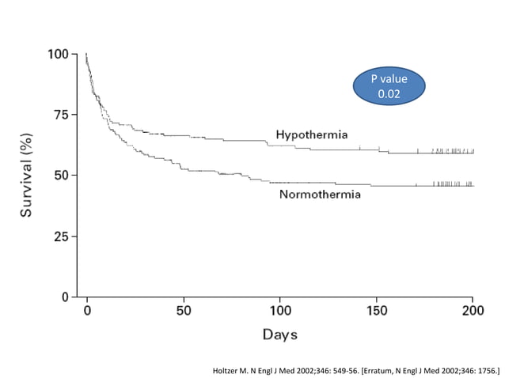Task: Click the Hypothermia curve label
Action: (311, 134)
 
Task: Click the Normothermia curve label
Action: (319, 194)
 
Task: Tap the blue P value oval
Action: (388, 86)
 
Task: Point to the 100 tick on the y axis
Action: (57, 54)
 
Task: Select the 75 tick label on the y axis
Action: (60, 114)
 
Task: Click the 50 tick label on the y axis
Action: (60, 175)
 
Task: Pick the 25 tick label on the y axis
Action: (60, 236)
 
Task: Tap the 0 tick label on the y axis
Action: (65, 297)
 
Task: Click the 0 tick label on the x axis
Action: (87, 310)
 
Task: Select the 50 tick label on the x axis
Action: (184, 310)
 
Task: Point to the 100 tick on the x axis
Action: (280, 310)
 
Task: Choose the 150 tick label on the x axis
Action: (377, 310)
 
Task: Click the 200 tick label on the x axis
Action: (473, 310)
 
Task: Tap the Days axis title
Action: (280, 335)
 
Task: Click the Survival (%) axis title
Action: (26, 176)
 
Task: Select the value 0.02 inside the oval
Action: (388, 94)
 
